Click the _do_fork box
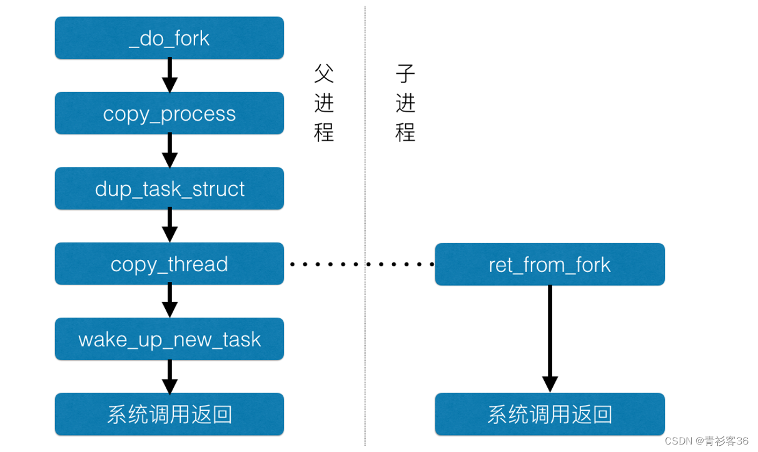click(x=169, y=38)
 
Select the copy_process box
click(x=169, y=113)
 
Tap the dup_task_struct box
click(x=169, y=188)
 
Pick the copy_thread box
click(x=169, y=264)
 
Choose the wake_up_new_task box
click(x=169, y=339)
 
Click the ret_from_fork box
click(x=549, y=264)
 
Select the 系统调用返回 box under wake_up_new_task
click(x=169, y=414)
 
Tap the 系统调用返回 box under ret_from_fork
click(x=549, y=414)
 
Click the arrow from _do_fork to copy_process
click(x=169, y=76)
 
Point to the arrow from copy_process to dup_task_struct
click(x=169, y=151)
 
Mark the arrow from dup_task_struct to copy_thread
click(x=169, y=226)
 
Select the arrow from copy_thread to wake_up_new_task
click(x=169, y=301)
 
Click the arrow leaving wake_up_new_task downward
click(x=169, y=376)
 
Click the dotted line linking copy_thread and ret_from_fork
click(x=361, y=264)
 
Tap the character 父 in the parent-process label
click(x=324, y=74)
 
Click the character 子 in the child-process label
click(x=405, y=74)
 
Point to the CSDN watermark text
click(x=706, y=441)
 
